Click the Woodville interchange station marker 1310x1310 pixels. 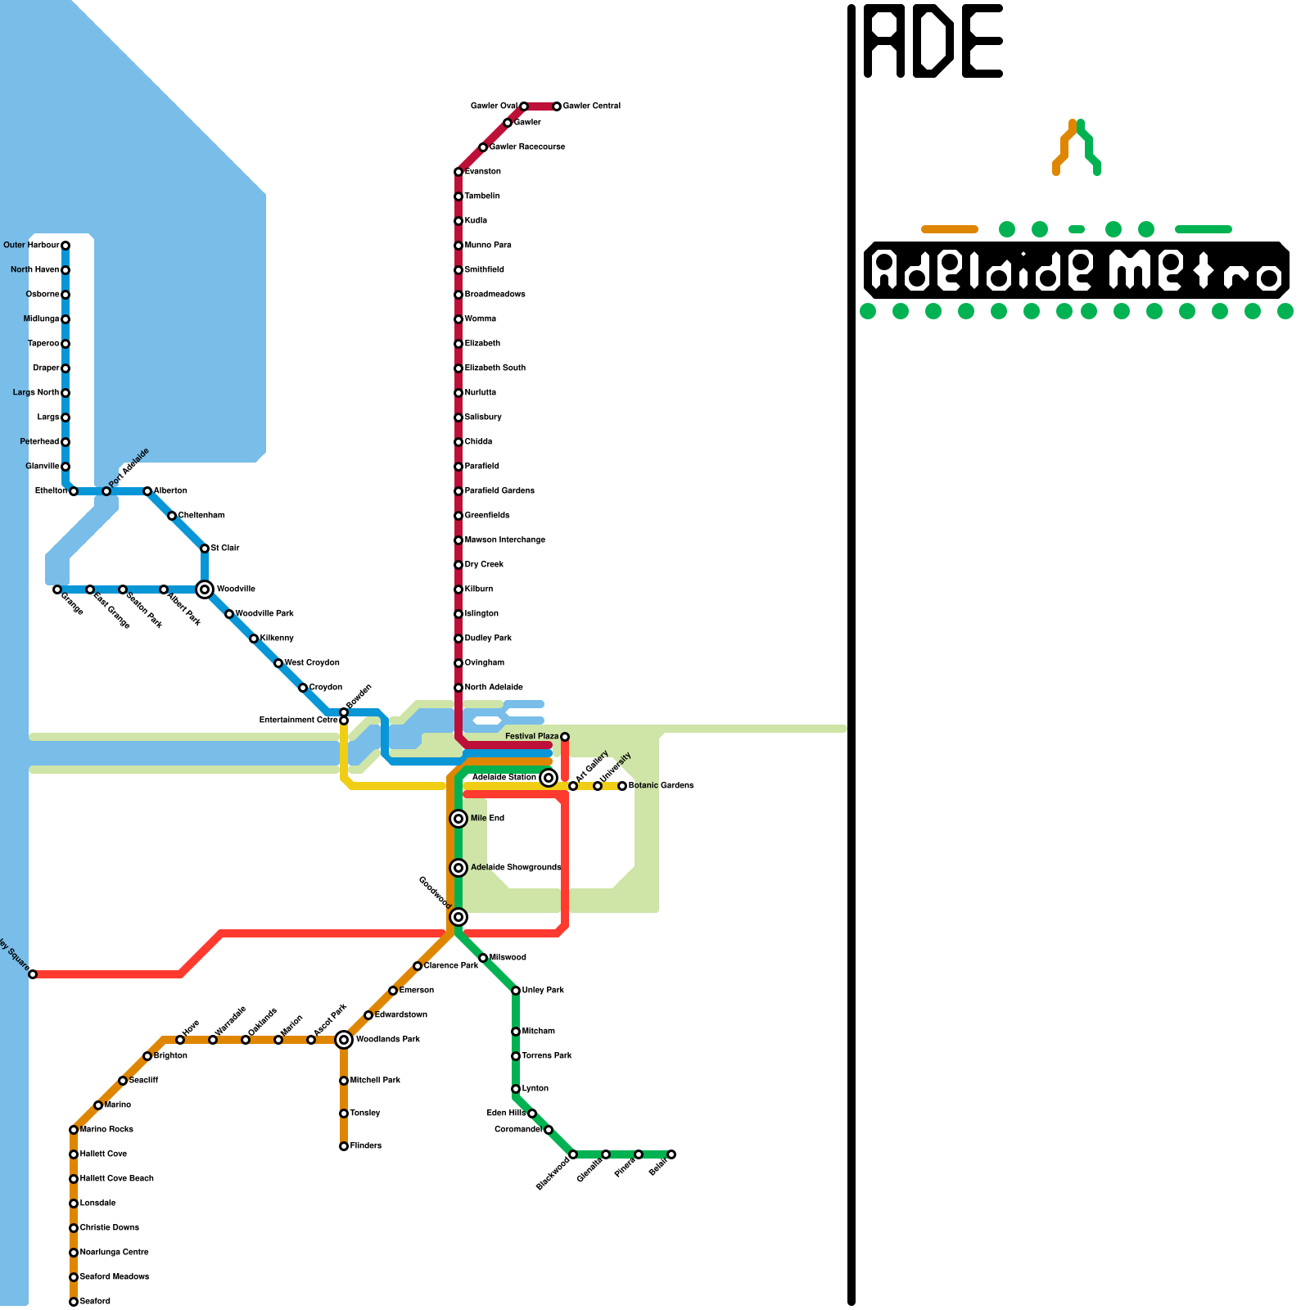205,589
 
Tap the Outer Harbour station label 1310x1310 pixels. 31,245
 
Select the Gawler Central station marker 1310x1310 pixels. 557,106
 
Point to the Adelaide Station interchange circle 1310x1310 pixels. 549,778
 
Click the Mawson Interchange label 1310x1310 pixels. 504,540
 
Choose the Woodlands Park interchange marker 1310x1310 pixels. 344,1040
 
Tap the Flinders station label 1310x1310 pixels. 365,1146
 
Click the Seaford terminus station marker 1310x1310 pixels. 74,1302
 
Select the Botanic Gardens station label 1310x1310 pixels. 661,786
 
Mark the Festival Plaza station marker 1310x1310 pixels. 565,737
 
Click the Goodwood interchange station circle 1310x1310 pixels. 458,917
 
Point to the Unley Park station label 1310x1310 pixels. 543,991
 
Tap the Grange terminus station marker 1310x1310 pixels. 57,589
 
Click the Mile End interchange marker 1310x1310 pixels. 458,819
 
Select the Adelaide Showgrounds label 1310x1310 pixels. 516,868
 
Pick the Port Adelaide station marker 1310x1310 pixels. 106,491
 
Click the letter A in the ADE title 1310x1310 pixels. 885,41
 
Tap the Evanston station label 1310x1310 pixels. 482,172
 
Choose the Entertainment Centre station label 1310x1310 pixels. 298,720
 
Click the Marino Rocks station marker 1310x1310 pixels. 74,1130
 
